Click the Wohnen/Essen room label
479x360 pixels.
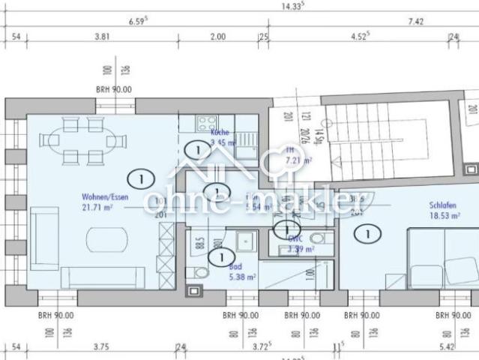105,196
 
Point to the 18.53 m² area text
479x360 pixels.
443,214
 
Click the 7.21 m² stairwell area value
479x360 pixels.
292,160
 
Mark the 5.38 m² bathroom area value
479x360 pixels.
241,276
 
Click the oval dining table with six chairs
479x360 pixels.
83,140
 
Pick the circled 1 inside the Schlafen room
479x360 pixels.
367,234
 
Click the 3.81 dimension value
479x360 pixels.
103,36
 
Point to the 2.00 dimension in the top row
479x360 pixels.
217,36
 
